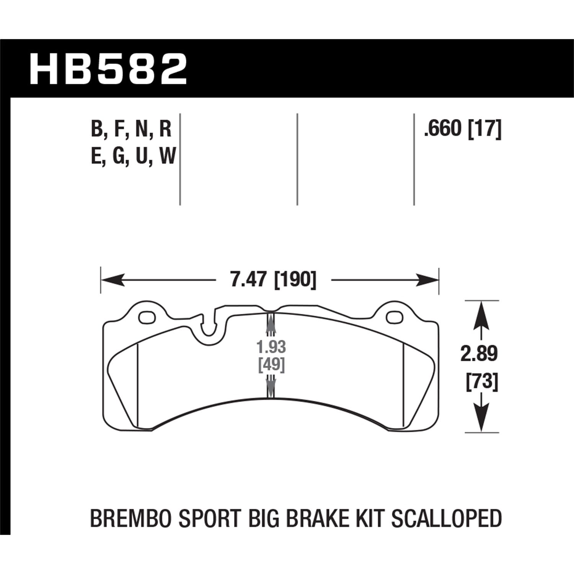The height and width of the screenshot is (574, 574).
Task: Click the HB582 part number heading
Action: pyautogui.click(x=108, y=69)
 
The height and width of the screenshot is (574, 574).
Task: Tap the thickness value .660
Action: pyautogui.click(x=443, y=129)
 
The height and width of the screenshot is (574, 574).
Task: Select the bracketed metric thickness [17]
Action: pyautogui.click(x=485, y=129)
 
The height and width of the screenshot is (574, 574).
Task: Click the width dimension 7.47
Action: pyautogui.click(x=248, y=280)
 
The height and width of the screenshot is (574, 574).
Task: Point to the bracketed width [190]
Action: pyautogui.click(x=295, y=280)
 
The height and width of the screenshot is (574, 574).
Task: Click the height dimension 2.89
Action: pyautogui.click(x=479, y=354)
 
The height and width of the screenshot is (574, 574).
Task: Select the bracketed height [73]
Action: pyautogui.click(x=482, y=382)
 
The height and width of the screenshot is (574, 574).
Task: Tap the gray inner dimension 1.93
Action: pyautogui.click(x=271, y=347)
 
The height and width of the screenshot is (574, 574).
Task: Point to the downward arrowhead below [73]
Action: pyautogui.click(x=481, y=419)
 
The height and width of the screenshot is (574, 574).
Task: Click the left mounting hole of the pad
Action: pyautogui.click(x=146, y=317)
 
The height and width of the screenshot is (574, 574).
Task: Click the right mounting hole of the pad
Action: pyautogui.click(x=393, y=317)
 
